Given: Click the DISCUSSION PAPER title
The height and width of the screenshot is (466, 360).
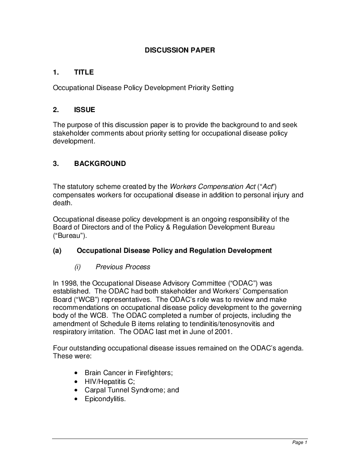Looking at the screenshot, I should (180, 50).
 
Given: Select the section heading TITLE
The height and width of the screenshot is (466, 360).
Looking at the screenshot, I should (84, 72).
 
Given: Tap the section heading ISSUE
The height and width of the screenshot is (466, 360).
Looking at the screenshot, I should (84, 110).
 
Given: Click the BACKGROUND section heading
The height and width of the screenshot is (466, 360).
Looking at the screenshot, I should (100, 164).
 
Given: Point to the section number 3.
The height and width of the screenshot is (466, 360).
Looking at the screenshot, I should (56, 164).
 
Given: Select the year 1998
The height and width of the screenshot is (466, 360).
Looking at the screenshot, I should (68, 283).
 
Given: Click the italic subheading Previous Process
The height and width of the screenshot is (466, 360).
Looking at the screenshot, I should (123, 267).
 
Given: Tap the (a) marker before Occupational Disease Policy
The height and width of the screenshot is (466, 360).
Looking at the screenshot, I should (57, 251).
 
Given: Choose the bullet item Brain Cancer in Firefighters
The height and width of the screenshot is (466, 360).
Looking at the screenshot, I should (128, 373).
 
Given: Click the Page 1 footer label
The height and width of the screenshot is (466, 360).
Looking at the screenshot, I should (300, 443).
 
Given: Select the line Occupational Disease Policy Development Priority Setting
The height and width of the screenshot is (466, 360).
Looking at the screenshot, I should (143, 88).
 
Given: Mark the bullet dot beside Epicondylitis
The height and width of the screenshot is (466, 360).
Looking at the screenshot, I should (77, 399).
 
